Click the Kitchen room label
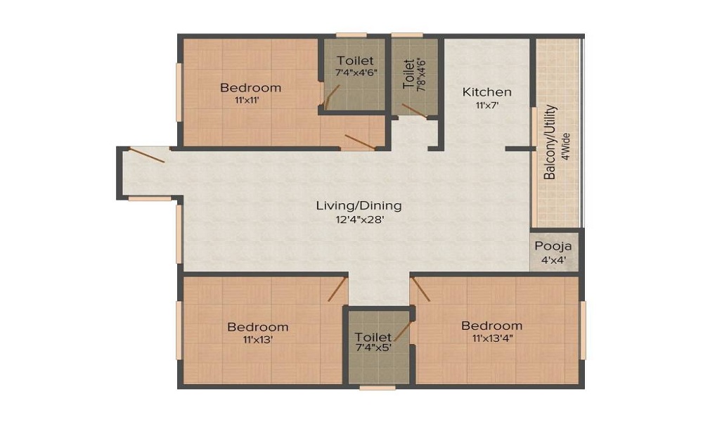487,92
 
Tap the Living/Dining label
359,206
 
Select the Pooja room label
553,246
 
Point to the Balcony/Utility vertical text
550,142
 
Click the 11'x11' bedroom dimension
247,101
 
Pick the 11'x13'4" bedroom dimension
492,338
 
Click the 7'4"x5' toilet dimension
374,347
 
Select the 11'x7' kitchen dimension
487,105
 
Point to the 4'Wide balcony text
566,146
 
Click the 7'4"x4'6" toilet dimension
354,72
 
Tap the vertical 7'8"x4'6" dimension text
421,75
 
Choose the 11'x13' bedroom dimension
258,340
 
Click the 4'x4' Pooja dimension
554,260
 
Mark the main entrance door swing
147,155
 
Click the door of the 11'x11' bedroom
361,141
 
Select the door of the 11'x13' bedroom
337,289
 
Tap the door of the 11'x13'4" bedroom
420,289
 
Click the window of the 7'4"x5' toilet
378,388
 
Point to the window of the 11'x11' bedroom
179,92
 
